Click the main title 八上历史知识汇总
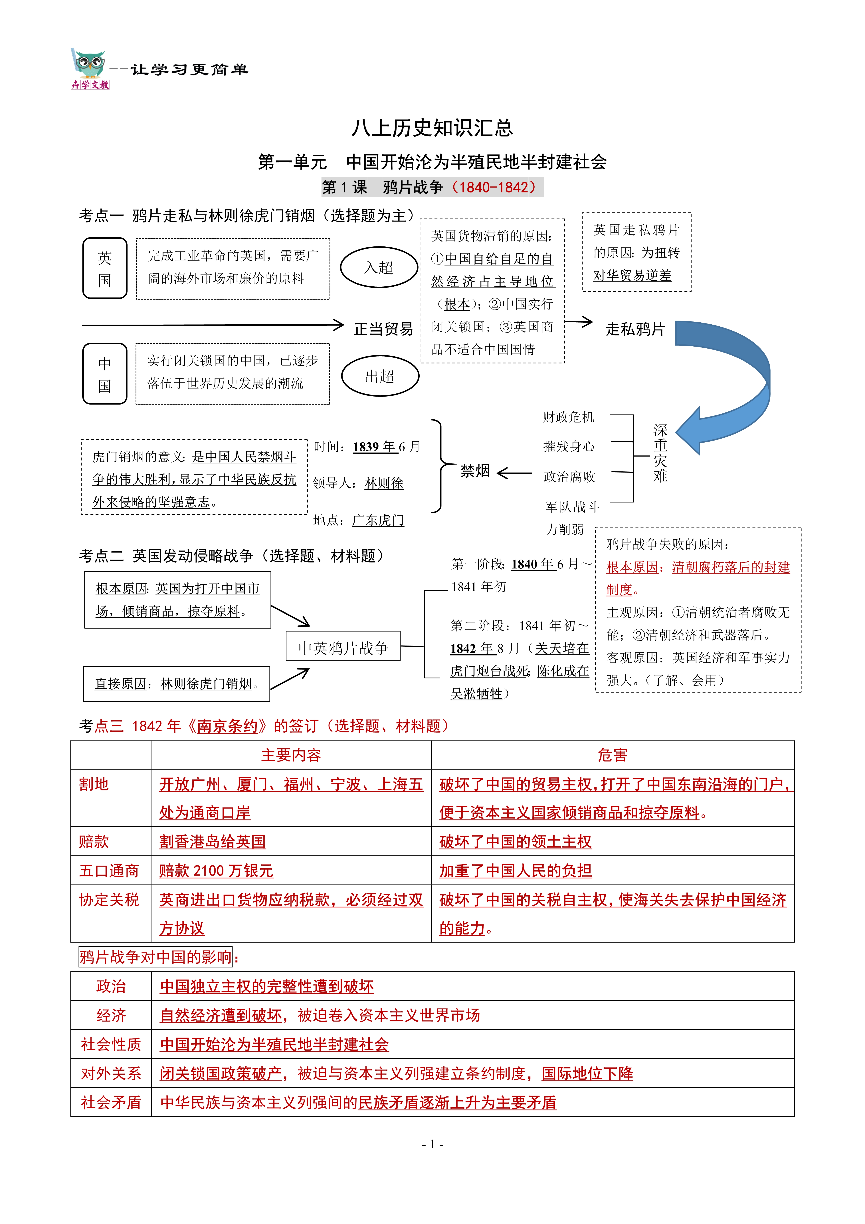[x=432, y=128]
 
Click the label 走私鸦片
[x=635, y=329]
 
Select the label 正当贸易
[x=383, y=329]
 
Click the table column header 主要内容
[x=291, y=755]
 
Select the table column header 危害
[x=612, y=755]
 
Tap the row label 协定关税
[x=109, y=900]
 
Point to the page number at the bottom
[x=432, y=1144]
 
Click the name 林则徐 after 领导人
[x=384, y=484]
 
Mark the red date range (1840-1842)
[x=494, y=187]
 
